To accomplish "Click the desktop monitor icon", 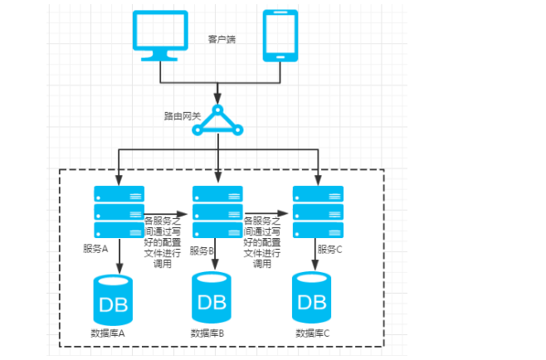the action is [160, 36].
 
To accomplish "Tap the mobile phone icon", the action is [280, 36].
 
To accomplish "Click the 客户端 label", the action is [222, 39].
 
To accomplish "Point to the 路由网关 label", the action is [183, 116].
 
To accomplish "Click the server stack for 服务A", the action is [119, 212].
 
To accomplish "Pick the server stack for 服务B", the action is [217, 212].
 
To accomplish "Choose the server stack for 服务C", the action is [318, 212].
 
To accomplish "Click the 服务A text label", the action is [95, 249].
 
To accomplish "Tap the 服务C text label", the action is [329, 250].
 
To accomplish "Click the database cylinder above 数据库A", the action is [113, 299].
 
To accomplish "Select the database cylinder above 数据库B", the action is [212, 298].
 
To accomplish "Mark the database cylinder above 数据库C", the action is [312, 298].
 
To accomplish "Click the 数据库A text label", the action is [108, 333].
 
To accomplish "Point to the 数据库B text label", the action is [207, 333].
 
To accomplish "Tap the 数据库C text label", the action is [312, 333].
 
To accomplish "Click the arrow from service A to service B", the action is [166, 214].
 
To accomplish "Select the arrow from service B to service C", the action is [266, 213].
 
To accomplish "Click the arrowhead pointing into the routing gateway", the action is [217, 99].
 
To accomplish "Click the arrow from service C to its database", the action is [315, 255].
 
